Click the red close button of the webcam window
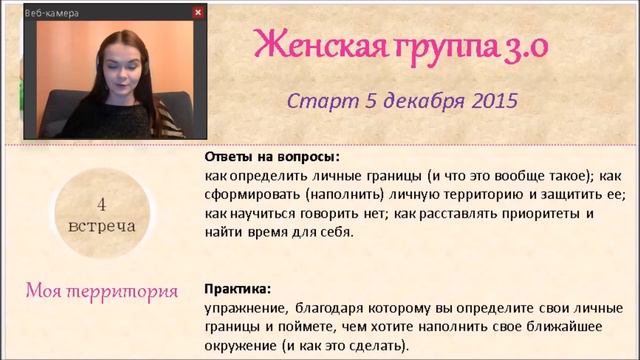198,12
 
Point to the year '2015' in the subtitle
486,101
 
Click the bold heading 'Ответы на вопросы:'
272,158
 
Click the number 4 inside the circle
102,203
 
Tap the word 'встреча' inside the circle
102,225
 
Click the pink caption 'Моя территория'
102,291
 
